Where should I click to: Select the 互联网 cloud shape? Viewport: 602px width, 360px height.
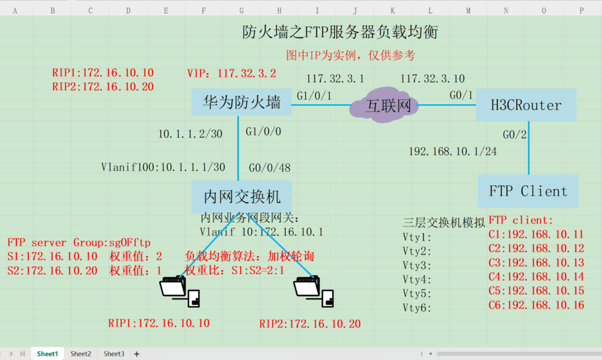click(384, 106)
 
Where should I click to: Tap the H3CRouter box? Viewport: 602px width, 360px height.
click(526, 105)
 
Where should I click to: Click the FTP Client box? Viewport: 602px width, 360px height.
click(528, 191)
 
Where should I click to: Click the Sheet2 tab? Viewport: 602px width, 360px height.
click(81, 354)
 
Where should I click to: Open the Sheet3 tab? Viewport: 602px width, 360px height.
click(114, 354)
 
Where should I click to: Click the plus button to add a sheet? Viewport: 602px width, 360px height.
click(137, 354)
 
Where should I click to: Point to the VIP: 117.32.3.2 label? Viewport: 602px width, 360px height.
click(231, 74)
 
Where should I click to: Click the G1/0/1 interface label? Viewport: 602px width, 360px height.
click(315, 95)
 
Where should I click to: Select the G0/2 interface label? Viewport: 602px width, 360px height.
click(514, 135)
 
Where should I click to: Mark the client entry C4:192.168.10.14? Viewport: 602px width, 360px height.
click(536, 276)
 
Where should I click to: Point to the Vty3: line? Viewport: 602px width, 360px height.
click(417, 265)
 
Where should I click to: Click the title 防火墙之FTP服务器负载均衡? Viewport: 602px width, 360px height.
click(340, 32)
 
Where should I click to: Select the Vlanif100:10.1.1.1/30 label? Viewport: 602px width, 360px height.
click(163, 168)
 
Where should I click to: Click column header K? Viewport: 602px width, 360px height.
click(393, 10)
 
